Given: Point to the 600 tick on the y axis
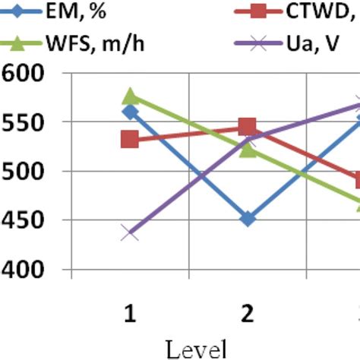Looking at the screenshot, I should point(25,74).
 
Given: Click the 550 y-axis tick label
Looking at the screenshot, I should point(25,123).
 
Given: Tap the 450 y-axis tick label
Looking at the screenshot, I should point(25,221).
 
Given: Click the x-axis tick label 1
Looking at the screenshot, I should point(130,314).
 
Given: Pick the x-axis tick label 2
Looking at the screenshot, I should point(248,314).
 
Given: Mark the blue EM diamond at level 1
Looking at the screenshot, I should point(130,112).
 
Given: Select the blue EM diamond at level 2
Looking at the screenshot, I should point(248,219).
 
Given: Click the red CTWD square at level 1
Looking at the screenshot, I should point(130,139).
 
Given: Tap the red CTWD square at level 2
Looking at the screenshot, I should point(248,126).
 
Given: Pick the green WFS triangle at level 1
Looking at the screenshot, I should point(130,96).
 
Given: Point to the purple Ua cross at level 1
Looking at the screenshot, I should point(130,232).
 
